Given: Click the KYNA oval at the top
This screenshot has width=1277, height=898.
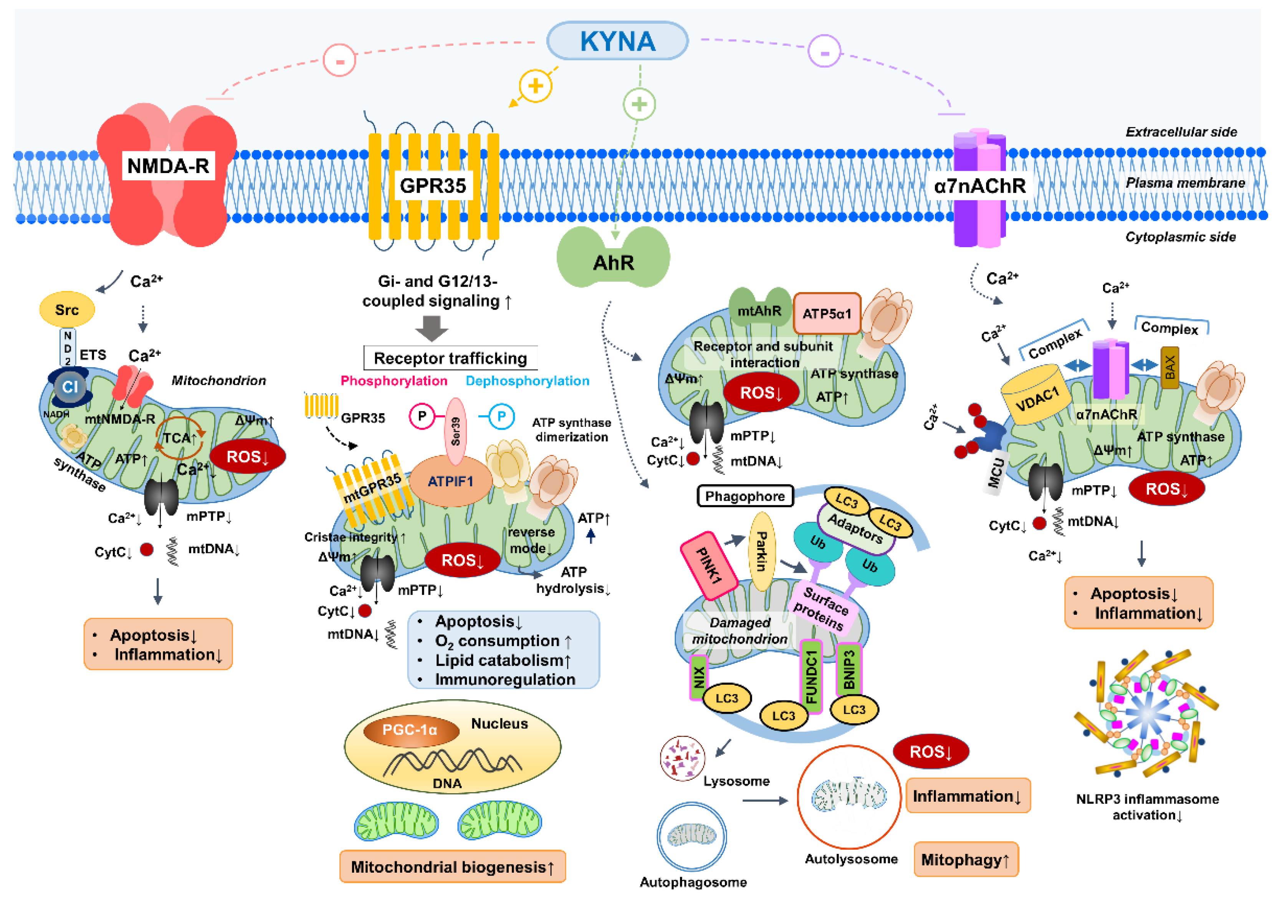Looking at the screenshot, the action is tap(617, 41).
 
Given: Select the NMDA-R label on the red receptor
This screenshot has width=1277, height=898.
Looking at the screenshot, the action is tap(168, 166).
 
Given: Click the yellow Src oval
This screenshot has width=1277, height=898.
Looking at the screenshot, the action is tap(67, 310).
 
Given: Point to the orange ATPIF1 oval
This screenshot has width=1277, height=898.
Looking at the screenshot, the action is tap(450, 481).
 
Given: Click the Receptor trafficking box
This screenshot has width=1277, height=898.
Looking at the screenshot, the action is tap(450, 358).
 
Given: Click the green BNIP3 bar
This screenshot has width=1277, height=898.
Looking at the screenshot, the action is tap(849, 669).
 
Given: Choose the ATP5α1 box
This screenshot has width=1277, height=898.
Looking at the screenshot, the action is tap(827, 314).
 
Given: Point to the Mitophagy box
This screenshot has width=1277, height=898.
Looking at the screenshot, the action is tap(966, 860).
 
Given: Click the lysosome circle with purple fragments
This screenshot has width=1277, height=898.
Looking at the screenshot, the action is tap(682, 758).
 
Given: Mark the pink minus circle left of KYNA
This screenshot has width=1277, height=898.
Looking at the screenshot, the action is tap(339, 60).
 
